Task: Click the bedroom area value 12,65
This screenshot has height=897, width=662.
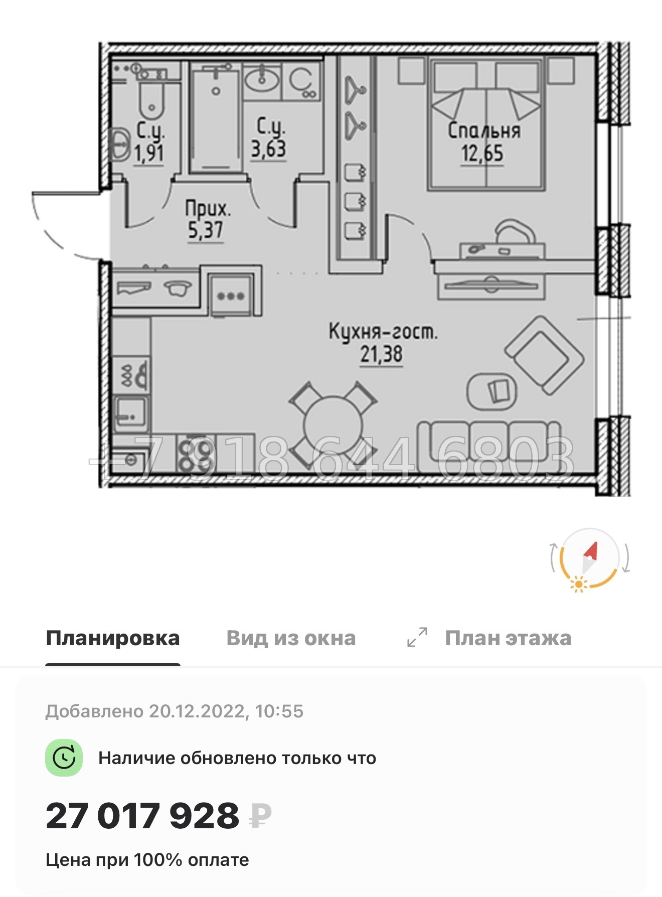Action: (482, 154)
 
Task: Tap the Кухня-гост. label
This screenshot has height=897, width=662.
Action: (383, 332)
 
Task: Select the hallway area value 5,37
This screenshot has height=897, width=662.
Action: (205, 231)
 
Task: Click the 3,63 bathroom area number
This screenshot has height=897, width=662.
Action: (268, 149)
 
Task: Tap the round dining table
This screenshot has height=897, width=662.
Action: (333, 426)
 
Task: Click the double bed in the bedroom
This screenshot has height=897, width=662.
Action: (486, 125)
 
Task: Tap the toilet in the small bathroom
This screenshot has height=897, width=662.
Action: (151, 100)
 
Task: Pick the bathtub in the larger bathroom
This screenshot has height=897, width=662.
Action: (216, 120)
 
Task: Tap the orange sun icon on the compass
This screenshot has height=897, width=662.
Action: (579, 584)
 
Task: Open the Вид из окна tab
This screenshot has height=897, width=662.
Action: (291, 638)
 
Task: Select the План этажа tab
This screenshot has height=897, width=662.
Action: (508, 638)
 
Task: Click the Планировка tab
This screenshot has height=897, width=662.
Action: (112, 638)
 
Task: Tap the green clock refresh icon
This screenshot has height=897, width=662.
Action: (64, 758)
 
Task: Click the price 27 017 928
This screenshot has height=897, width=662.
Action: (142, 816)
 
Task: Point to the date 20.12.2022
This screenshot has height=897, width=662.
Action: (196, 711)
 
